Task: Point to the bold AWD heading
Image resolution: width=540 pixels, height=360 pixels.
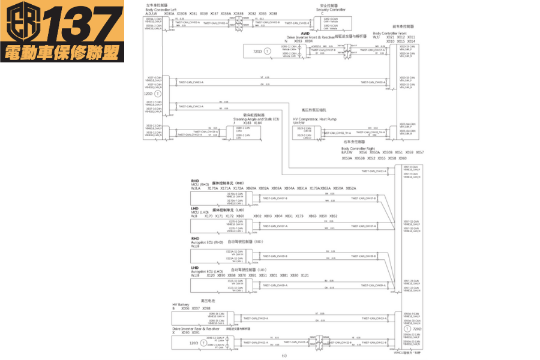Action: tap(305, 34)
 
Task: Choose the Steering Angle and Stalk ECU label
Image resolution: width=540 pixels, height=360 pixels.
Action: tap(256, 119)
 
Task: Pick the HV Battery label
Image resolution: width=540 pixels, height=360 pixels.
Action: tap(181, 304)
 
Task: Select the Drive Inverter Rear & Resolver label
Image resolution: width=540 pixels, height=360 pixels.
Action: tap(194, 328)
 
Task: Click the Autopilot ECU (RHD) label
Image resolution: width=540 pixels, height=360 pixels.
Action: tap(208, 242)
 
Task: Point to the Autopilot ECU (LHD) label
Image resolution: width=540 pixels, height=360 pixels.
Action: tap(208, 271)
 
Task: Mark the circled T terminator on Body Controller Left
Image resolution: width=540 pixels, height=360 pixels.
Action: tap(157, 94)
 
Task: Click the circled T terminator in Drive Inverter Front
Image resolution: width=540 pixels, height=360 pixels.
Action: tap(268, 52)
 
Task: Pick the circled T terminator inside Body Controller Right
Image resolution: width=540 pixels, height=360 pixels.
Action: tap(407, 329)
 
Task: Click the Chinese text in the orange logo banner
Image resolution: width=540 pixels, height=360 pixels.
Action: tap(62, 53)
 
